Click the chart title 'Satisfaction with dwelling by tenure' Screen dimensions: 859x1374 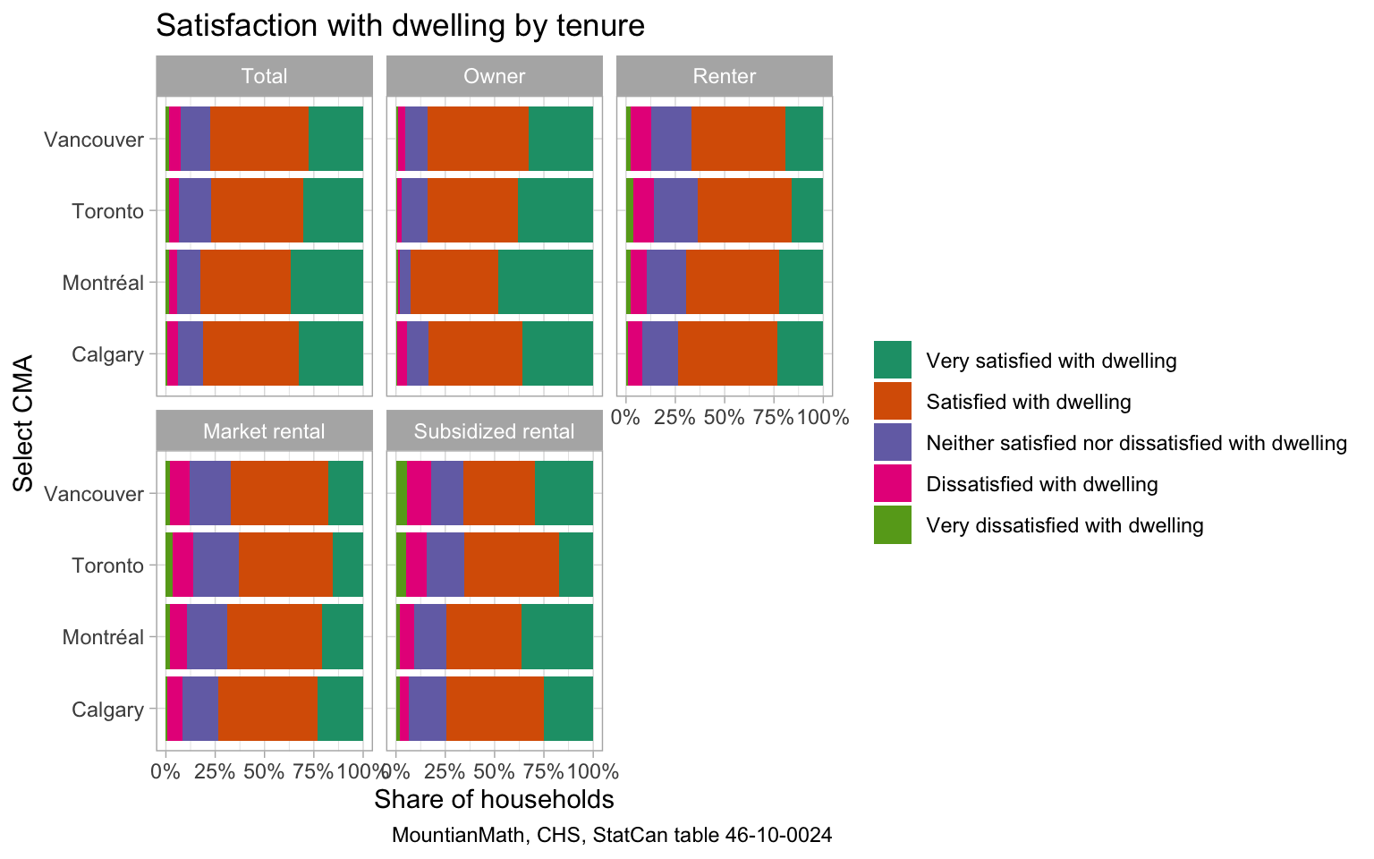pyautogui.click(x=400, y=26)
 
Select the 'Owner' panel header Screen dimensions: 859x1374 pyautogui.click(x=495, y=76)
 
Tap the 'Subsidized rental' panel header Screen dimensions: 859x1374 pyautogui.click(x=495, y=431)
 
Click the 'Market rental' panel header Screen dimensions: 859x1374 pyautogui.click(x=264, y=431)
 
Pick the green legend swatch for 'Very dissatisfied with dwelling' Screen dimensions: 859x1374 pyautogui.click(x=892, y=525)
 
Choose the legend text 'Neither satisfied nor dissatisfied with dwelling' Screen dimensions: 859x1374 pyautogui.click(x=1136, y=443)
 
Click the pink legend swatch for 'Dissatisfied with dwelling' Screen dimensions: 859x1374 pyautogui.click(x=892, y=484)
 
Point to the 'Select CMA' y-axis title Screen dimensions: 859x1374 pyautogui.click(x=24, y=423)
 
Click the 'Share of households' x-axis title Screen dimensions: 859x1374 pyautogui.click(x=494, y=799)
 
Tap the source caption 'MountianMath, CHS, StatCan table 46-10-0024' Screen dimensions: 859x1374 pyautogui.click(x=612, y=836)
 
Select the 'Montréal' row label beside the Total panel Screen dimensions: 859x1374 pyautogui.click(x=103, y=283)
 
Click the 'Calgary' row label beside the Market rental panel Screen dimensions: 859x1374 pyautogui.click(x=107, y=710)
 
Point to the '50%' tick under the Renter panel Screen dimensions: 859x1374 pyautogui.click(x=725, y=417)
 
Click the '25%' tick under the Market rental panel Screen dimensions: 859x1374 pyautogui.click(x=215, y=771)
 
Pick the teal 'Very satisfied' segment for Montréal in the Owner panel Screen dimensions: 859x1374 pyautogui.click(x=546, y=282)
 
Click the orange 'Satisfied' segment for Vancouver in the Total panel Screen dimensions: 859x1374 pyautogui.click(x=259, y=139)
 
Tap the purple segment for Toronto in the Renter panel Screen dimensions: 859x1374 pyautogui.click(x=675, y=210)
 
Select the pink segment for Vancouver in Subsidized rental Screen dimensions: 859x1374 pyautogui.click(x=419, y=493)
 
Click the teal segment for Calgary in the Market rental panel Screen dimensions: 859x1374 pyautogui.click(x=340, y=709)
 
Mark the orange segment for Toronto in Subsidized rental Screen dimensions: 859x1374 pyautogui.click(x=512, y=565)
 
